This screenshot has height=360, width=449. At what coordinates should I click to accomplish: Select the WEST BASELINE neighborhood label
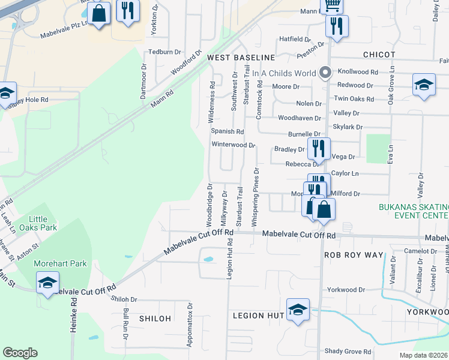[x=241, y=58]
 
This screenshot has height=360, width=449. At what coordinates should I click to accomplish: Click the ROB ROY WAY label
[x=353, y=255]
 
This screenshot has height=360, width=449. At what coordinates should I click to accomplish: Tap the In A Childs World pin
[x=326, y=73]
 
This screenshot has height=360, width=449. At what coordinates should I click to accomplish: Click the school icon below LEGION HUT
[x=298, y=310]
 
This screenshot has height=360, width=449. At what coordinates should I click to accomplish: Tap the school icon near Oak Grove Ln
[x=424, y=85]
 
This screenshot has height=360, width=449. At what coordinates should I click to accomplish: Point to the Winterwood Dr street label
[x=234, y=145]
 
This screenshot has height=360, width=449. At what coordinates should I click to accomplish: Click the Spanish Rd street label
[x=227, y=131]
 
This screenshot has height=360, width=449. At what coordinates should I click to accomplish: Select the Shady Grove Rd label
[x=348, y=352]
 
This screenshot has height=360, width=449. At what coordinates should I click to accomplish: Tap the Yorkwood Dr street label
[x=346, y=290]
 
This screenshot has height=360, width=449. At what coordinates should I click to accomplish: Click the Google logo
[x=20, y=353]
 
